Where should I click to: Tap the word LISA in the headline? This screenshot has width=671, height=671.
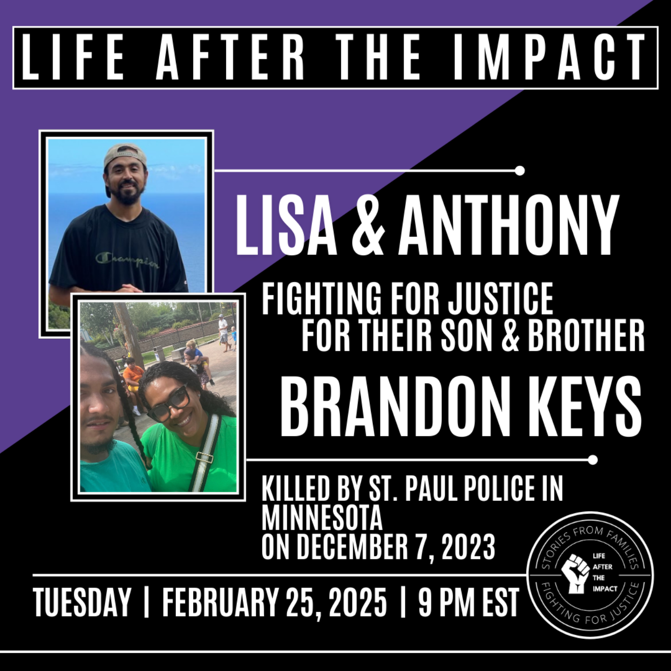[286, 226]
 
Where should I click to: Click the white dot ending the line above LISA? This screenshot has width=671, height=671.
[520, 171]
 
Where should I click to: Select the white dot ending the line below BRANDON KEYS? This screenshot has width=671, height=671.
[592, 460]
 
